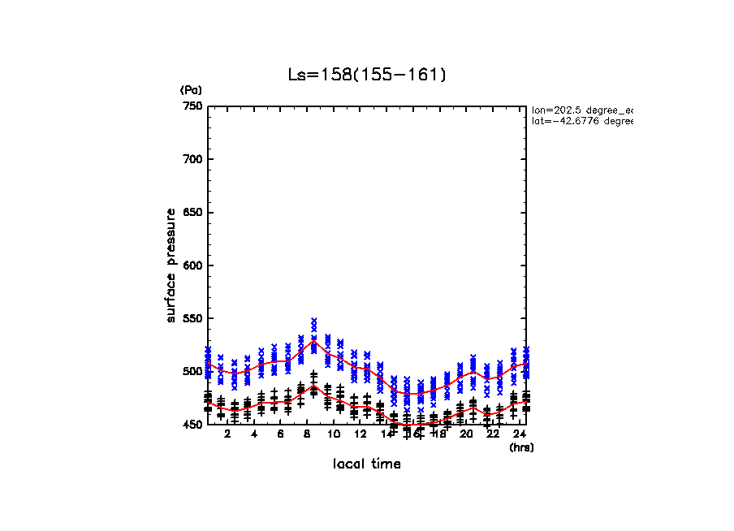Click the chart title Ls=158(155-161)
367,76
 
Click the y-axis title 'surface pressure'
171,265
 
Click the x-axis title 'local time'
367,464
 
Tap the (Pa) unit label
191,90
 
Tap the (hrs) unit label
520,447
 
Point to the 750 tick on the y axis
192,106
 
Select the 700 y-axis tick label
192,159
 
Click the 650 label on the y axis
192,213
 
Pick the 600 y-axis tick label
192,265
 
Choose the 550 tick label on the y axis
192,318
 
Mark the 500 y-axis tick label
192,372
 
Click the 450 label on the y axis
192,425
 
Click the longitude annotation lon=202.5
581,109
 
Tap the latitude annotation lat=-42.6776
581,121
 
